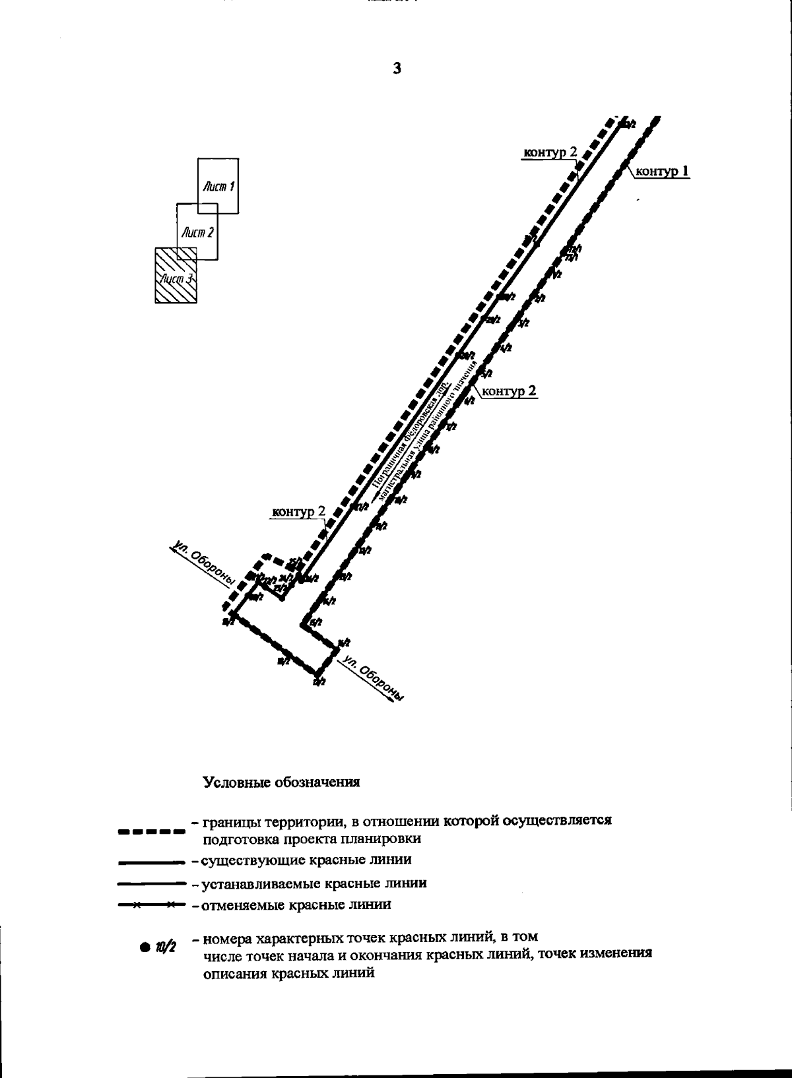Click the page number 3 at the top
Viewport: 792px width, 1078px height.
(x=396, y=67)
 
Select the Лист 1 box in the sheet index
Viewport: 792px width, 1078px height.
(x=219, y=186)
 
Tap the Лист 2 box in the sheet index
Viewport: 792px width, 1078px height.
(x=197, y=232)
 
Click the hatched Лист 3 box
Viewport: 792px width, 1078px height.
(x=176, y=276)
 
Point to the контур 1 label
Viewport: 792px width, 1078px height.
(x=662, y=172)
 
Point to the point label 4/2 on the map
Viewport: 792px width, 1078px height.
(x=506, y=348)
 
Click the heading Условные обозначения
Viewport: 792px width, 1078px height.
(x=281, y=782)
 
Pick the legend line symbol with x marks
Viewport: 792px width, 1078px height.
(x=150, y=905)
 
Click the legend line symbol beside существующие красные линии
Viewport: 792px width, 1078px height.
(x=150, y=861)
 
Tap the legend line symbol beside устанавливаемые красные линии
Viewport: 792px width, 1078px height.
(x=150, y=883)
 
